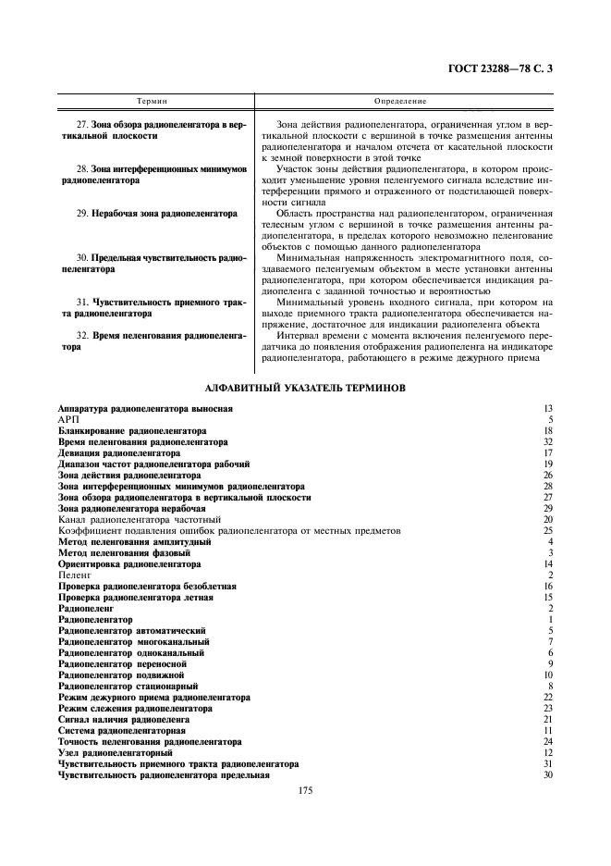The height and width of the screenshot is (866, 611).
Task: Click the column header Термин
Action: [152, 99]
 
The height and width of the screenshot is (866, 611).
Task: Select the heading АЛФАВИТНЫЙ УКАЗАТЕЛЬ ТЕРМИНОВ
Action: [305, 389]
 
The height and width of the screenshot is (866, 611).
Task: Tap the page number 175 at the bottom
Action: [305, 791]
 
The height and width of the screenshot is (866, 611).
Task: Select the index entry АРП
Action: [70, 419]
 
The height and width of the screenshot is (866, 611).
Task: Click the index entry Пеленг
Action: [75, 575]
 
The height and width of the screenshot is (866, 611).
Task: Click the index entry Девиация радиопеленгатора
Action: [119, 453]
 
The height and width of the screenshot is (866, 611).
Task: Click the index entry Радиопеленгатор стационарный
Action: [128, 686]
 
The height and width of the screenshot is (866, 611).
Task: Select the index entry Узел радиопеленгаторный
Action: [116, 753]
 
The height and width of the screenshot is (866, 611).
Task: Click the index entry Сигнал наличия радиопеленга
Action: [124, 719]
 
